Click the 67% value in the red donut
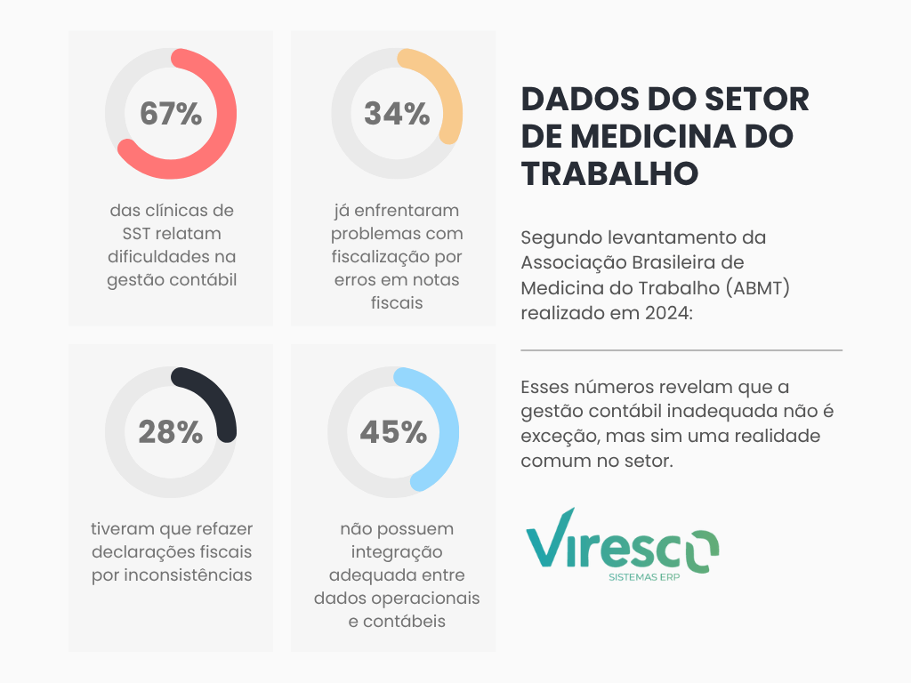coord(171,114)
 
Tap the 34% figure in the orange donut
coord(397,114)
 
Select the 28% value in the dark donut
coord(171,432)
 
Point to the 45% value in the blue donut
coord(393,432)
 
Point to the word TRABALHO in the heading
coord(609,173)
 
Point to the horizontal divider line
coord(681,350)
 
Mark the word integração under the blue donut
coord(397,551)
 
